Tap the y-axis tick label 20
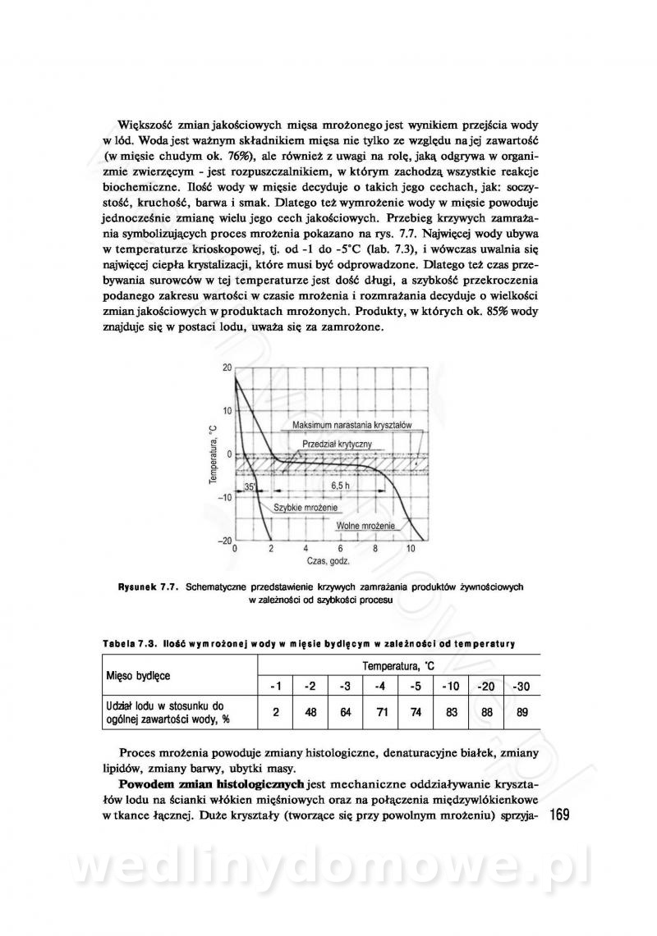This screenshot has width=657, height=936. point(227,368)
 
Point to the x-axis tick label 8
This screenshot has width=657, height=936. point(375,548)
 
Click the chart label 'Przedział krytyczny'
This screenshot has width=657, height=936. point(337,443)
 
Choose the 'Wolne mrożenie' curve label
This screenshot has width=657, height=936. point(366,524)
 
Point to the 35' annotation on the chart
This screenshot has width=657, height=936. point(250,486)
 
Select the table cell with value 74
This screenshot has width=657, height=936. point(416,712)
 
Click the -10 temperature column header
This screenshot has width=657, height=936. point(451,686)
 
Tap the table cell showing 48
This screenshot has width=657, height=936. point(310,712)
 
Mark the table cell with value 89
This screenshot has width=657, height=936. point(521,712)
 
